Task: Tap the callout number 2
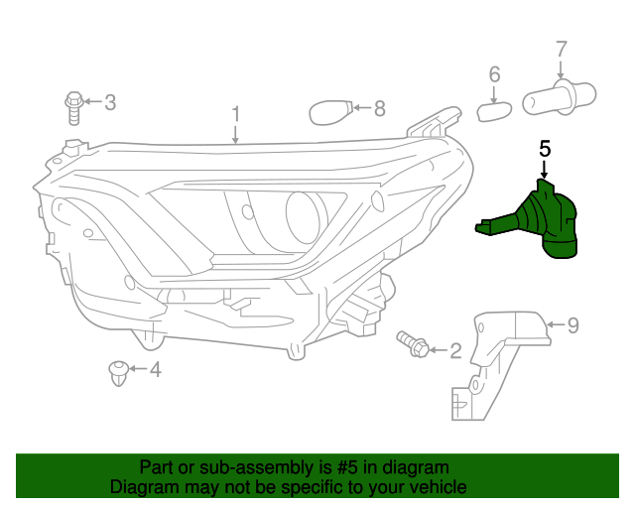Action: coord(455,349)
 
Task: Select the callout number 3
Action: coord(110,101)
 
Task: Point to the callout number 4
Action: coord(155,370)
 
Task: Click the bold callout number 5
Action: coord(544,149)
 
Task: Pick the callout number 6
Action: coord(494,74)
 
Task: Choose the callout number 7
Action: coord(561,49)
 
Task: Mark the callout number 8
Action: coord(379,108)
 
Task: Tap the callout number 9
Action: coord(572,323)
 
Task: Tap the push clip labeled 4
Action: coord(116,372)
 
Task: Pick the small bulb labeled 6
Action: coord(493,107)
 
